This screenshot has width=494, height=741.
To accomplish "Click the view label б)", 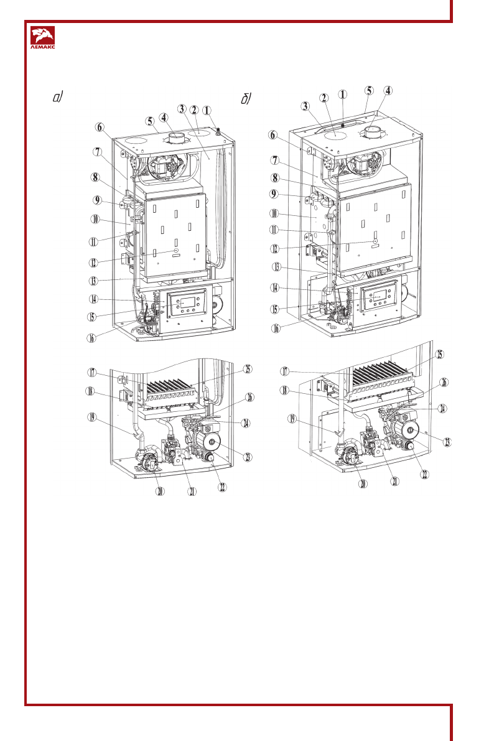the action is (246, 100).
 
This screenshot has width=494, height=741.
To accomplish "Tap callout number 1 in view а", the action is (207, 111).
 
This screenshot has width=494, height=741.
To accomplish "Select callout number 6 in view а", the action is (100, 126).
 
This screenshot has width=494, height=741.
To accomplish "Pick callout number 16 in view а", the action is (91, 338).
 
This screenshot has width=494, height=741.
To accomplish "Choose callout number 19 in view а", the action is (91, 419).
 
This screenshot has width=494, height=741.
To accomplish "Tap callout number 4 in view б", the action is (388, 90).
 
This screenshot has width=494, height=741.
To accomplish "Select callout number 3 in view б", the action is (305, 106).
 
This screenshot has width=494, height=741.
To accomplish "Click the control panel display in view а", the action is (188, 304).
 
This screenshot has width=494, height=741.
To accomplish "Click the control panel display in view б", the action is (378, 297).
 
